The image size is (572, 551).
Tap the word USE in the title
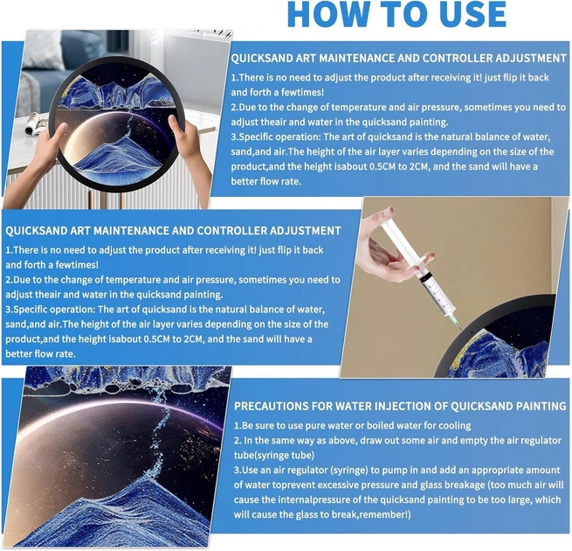(x=470, y=14)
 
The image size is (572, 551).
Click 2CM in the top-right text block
(x=419, y=167)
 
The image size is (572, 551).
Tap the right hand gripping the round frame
(x=189, y=146)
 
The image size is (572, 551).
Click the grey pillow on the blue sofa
(x=44, y=49)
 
